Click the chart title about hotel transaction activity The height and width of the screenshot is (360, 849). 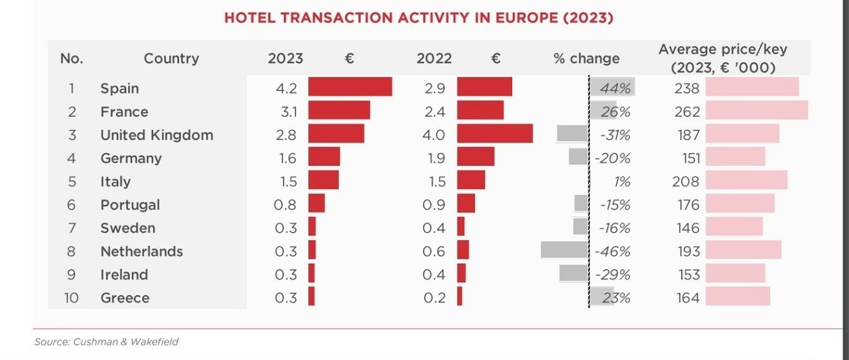419,18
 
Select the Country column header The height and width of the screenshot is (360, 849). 171,58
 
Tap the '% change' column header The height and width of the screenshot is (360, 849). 586,58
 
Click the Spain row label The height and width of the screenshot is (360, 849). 119,88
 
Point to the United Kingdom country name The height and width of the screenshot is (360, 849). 157,135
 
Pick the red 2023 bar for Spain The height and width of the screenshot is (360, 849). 350,87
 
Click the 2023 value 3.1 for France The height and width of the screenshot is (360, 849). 285,111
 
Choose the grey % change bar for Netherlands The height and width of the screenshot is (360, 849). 564,250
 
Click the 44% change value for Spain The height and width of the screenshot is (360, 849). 615,88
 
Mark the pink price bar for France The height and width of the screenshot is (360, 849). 757,110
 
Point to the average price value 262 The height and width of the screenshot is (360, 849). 687,112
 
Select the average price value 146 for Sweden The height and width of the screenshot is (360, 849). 688,228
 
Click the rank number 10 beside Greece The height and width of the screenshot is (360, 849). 71,298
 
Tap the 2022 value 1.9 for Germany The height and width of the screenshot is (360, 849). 434,158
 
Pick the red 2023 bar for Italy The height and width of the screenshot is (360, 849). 324,180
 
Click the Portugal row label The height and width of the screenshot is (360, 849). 130,205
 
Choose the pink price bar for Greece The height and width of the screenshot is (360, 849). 738,296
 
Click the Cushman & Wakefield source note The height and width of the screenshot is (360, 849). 106,342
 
